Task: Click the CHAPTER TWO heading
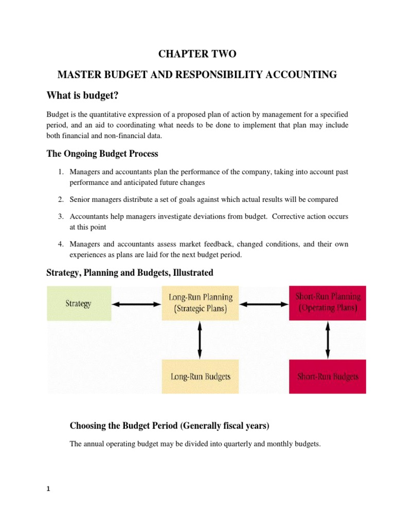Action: [197, 54]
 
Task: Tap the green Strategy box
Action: [79, 304]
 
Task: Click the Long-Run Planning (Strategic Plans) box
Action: [201, 303]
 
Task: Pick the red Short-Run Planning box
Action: [328, 303]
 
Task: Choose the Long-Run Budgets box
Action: [201, 377]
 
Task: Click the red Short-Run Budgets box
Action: [328, 377]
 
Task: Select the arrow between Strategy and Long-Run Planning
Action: [136, 304]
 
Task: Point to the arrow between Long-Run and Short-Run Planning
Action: [264, 304]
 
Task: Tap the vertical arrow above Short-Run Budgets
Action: [328, 340]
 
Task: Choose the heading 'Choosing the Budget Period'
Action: [169, 425]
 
